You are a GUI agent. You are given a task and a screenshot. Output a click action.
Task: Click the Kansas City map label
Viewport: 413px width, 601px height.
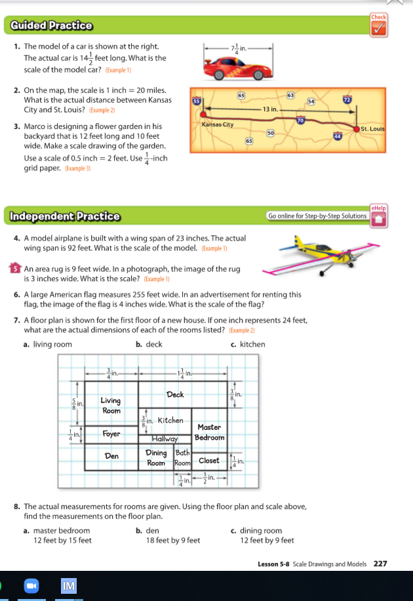[218, 124]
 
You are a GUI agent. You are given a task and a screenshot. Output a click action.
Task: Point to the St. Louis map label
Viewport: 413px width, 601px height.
[372, 129]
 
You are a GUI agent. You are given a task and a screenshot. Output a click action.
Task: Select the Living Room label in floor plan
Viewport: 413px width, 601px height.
[111, 405]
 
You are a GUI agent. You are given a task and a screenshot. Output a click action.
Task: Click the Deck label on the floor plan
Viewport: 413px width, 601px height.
[175, 395]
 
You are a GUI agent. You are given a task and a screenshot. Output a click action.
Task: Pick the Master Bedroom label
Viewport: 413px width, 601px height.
[210, 432]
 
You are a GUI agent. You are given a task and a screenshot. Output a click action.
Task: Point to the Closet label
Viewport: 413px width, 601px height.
[208, 460]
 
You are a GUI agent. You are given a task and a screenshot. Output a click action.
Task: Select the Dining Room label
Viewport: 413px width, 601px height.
[156, 457]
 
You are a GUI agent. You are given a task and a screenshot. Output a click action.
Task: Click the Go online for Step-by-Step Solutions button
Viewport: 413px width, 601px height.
[317, 216]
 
